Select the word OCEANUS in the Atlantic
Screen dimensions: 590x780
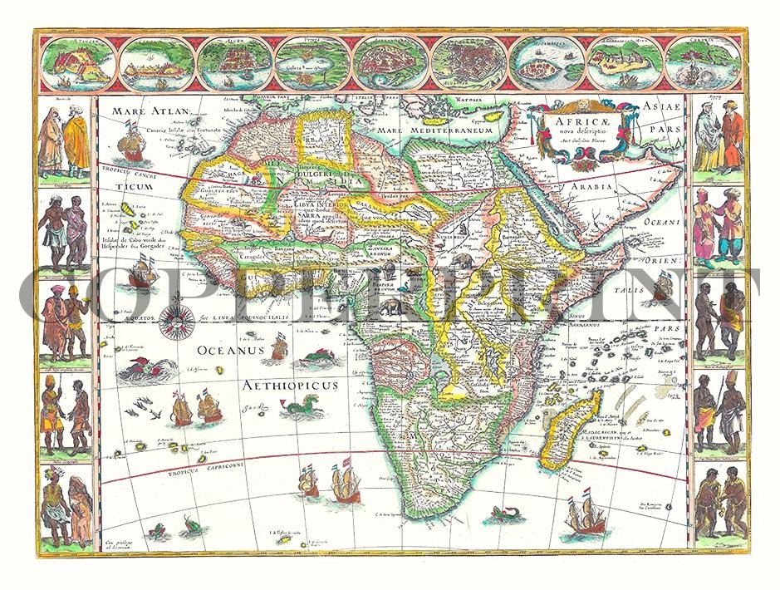click(x=230, y=352)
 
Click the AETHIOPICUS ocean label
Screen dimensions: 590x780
click(x=291, y=386)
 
